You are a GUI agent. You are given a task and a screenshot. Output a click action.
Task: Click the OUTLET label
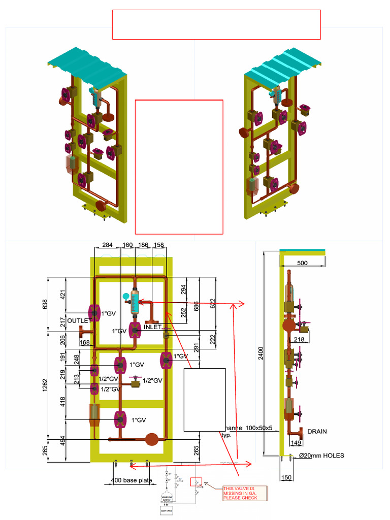tap(79, 320)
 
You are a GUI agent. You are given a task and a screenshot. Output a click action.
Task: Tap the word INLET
tap(153, 327)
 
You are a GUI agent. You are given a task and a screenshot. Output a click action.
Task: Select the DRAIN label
tap(317, 432)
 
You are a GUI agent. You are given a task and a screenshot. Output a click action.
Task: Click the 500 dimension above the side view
tap(302, 263)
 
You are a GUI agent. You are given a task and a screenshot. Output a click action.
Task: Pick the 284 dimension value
tap(107, 245)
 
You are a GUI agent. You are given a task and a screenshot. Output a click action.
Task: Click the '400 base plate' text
tap(131, 480)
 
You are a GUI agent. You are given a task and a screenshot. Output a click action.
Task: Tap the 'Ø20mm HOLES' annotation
tap(321, 456)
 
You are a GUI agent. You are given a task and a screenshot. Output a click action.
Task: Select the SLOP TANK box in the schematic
tap(167, 511)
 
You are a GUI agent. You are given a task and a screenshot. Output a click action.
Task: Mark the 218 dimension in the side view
tap(299, 339)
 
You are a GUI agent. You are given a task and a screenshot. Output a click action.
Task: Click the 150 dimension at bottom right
tap(286, 477)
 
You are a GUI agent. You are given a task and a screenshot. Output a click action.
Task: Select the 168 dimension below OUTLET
tap(84, 343)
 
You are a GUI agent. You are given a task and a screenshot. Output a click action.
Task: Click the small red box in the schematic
tap(196, 482)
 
